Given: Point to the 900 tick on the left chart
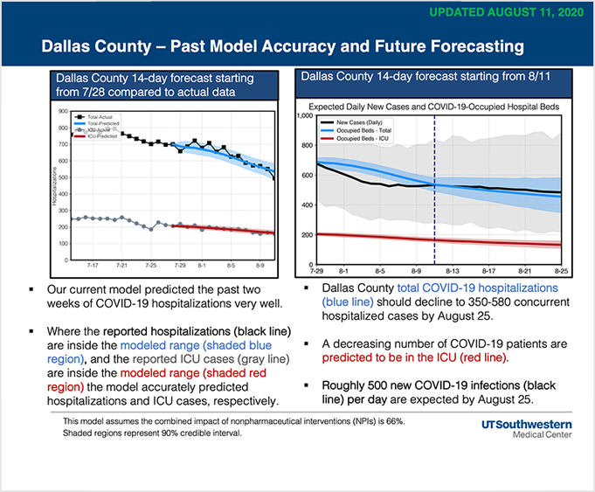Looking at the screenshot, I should pos(63,112).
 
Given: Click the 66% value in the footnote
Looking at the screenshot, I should pos(393,420).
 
